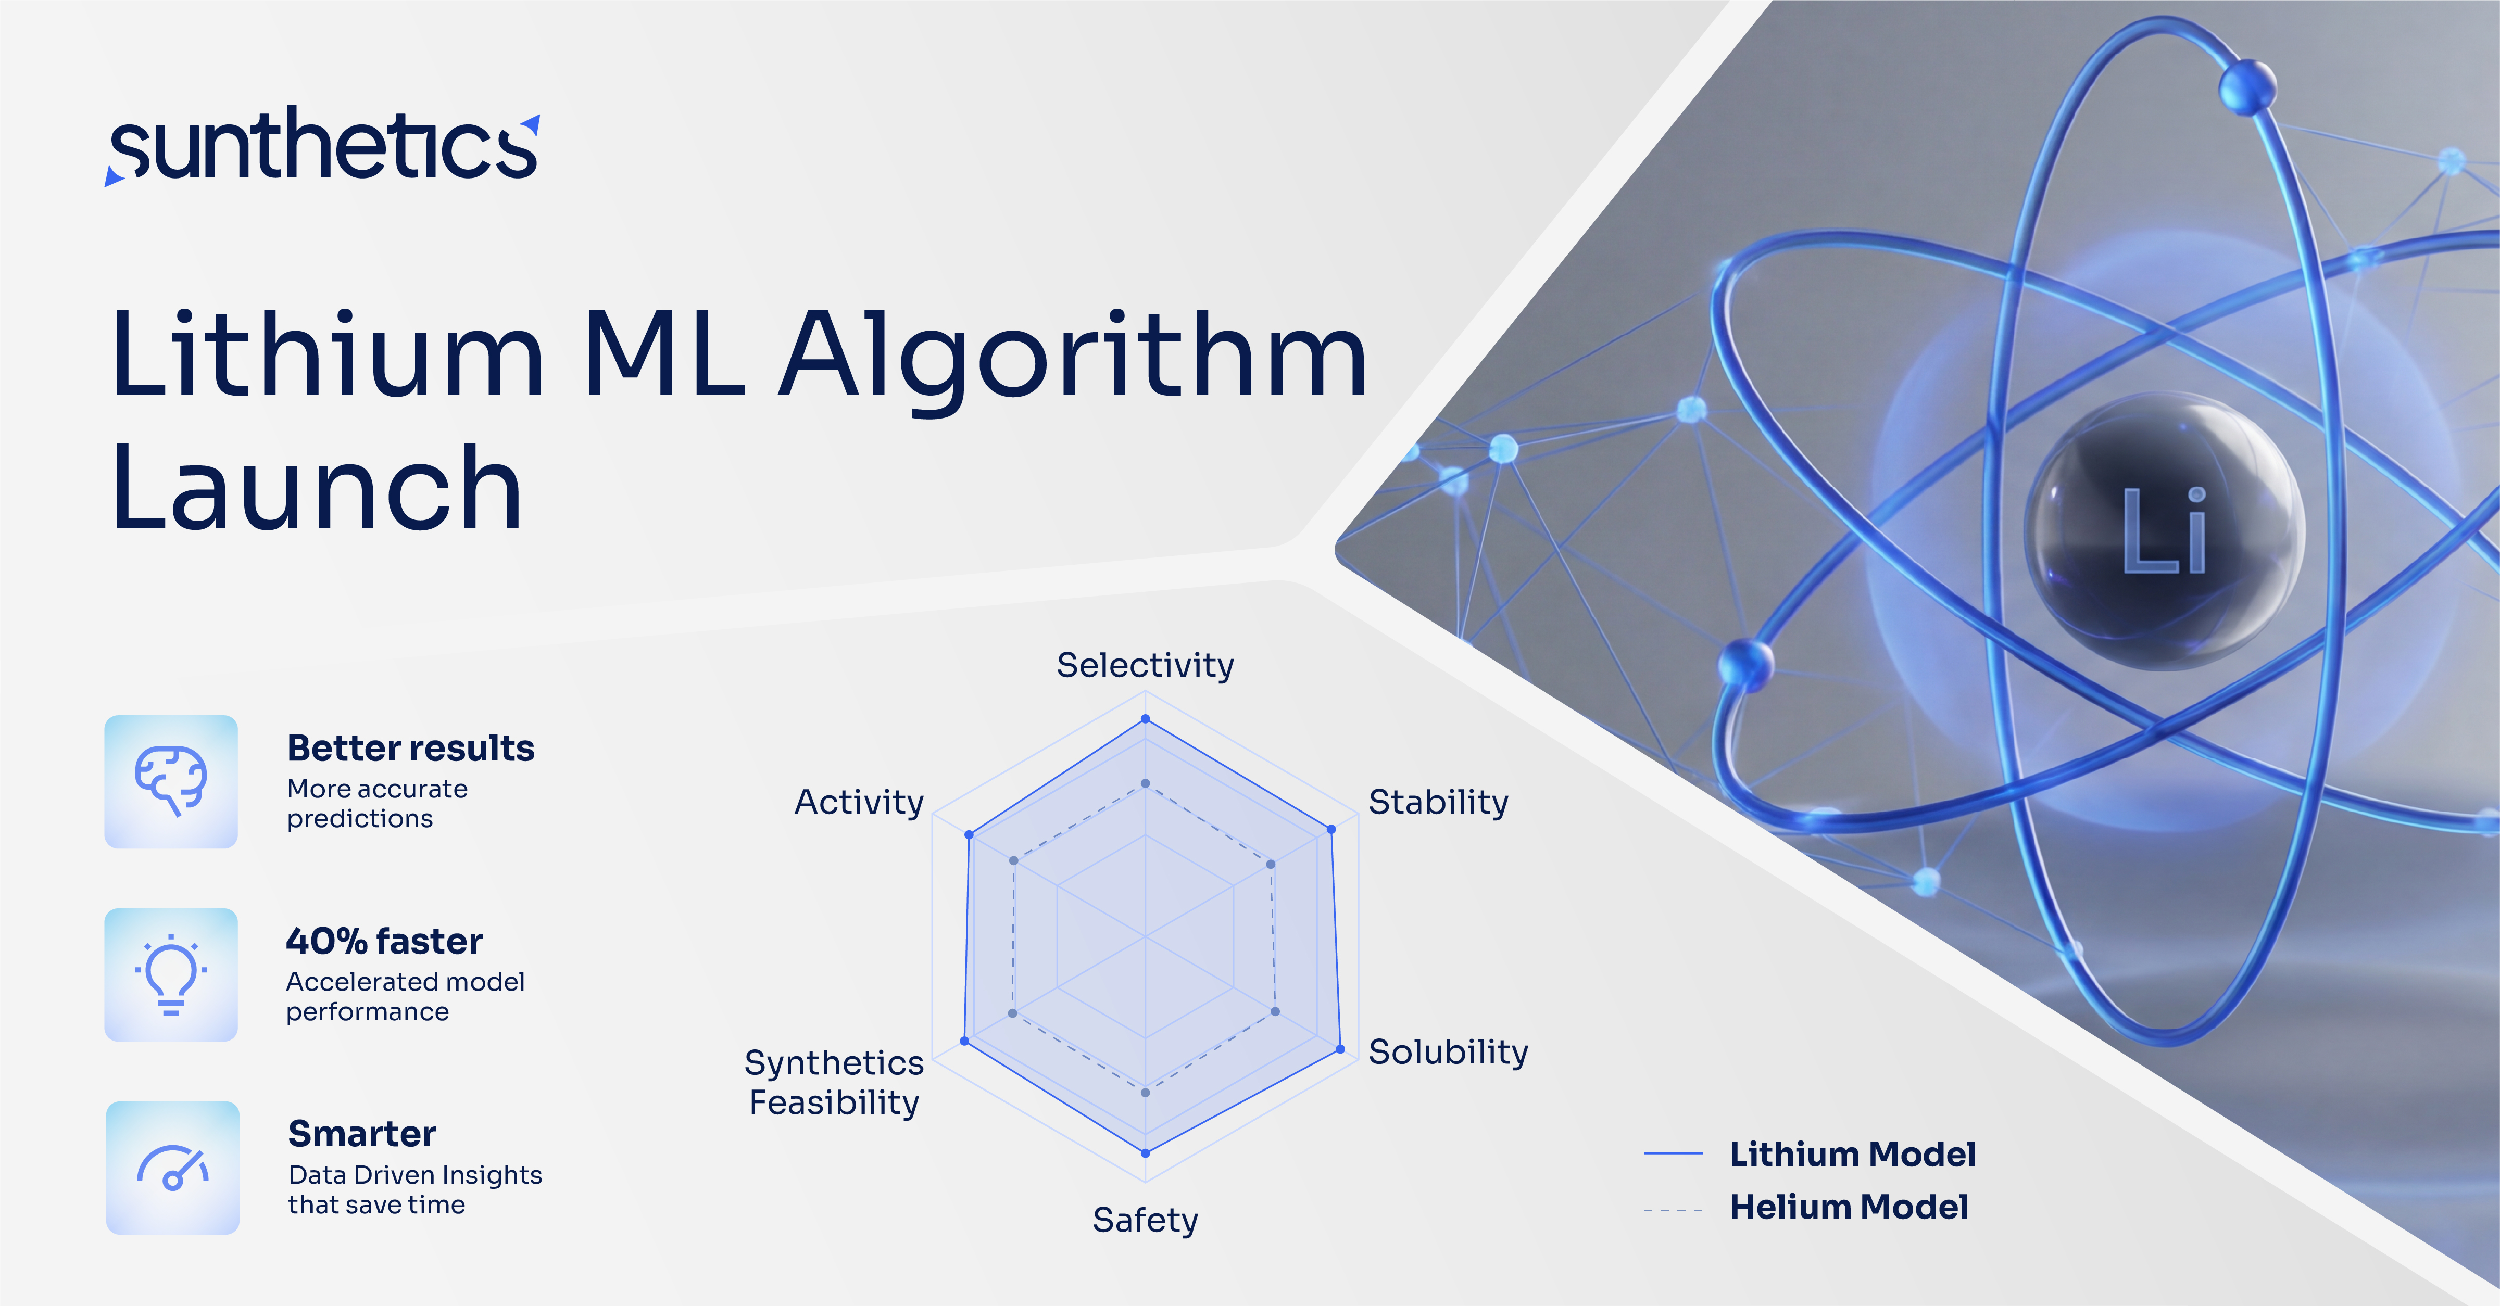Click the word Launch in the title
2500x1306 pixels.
click(317, 488)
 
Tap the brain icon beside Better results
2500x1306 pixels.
click(171, 781)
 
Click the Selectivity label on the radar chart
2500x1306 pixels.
click(1145, 666)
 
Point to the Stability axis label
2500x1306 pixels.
click(1438, 803)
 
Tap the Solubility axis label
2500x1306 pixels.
click(1448, 1052)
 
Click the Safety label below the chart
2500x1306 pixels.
click(1145, 1220)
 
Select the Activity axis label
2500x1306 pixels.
click(859, 803)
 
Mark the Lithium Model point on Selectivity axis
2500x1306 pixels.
click(1145, 719)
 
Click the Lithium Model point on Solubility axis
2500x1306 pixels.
click(1340, 1049)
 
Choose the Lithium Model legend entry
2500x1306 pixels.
click(1852, 1153)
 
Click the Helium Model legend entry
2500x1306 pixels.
click(1848, 1207)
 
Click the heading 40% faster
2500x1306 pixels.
click(384, 941)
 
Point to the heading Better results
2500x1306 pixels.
click(410, 748)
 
